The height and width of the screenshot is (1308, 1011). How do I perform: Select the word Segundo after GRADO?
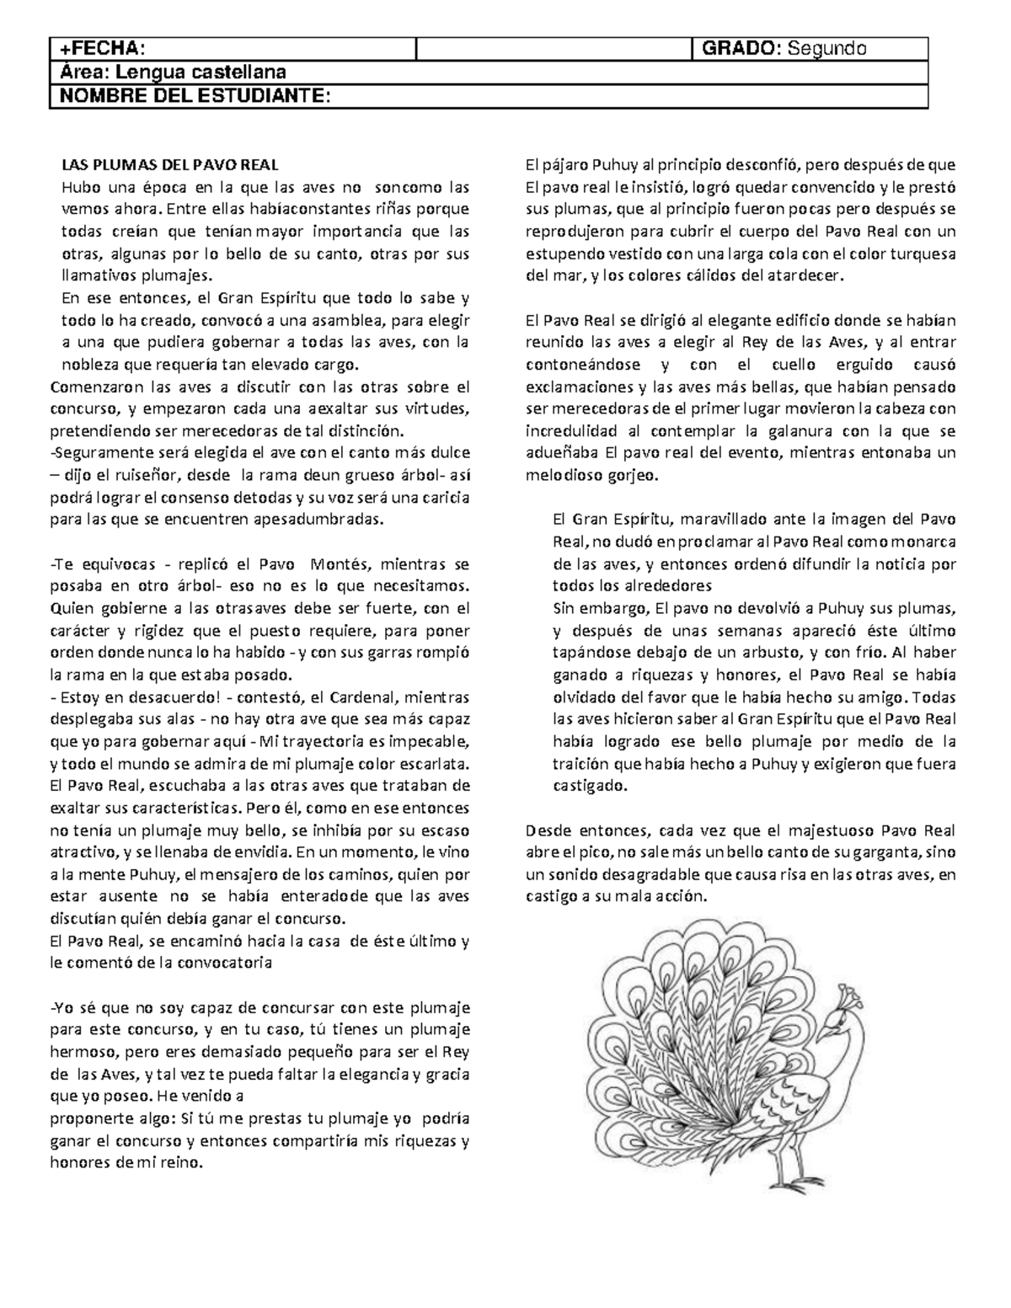click(825, 49)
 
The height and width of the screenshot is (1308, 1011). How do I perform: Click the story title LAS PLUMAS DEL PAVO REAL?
click(169, 164)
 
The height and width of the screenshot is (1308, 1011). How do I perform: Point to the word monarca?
click(921, 542)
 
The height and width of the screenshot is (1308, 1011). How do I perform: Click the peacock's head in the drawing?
click(839, 1019)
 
